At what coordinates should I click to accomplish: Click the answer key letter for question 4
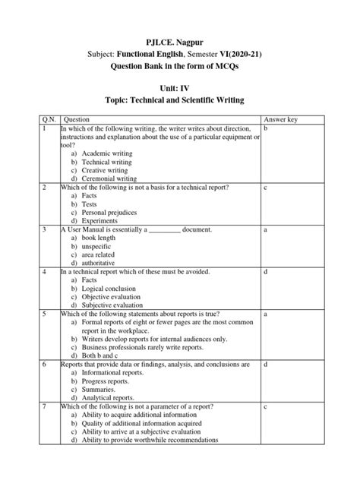(266, 271)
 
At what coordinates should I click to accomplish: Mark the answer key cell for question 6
(266, 365)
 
